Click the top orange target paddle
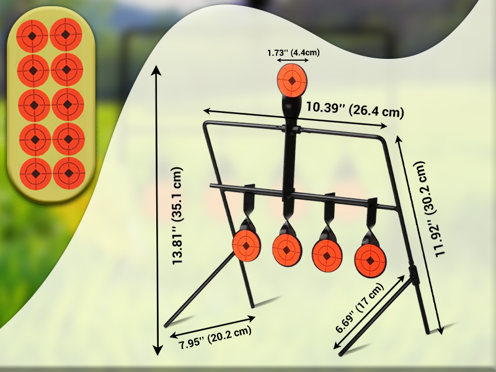(291, 80)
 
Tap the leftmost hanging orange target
(246, 245)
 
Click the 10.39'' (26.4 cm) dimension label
(355, 110)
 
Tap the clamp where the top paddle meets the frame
(291, 130)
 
